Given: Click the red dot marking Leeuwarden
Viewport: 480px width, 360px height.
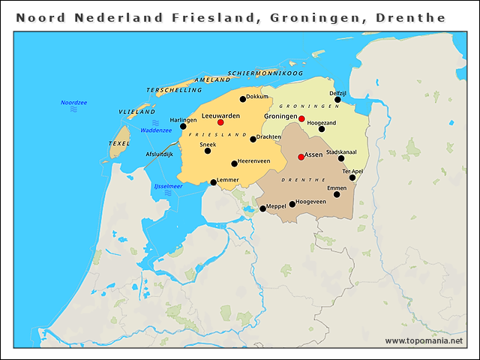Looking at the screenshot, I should point(220,122).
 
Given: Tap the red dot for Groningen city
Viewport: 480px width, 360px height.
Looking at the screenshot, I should point(301,118).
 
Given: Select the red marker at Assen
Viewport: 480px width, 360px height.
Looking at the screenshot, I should point(301,157).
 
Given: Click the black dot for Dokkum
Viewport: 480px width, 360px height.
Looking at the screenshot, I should point(243,98).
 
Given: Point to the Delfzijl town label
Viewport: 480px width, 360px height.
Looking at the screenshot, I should point(337,92).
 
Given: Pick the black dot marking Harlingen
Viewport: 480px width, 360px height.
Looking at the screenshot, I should point(183,126).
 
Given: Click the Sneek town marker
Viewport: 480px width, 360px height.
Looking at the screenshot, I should point(208,151).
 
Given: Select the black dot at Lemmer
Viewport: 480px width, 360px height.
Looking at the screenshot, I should point(213,182).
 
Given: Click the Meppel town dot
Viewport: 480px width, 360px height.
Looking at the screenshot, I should point(262,209).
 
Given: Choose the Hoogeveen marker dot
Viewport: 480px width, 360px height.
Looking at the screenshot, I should point(292,204).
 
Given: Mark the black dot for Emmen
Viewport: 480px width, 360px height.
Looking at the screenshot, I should point(337,194).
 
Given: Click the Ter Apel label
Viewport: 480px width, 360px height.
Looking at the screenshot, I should point(352,171).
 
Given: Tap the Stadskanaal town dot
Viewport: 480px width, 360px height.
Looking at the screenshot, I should point(341,158).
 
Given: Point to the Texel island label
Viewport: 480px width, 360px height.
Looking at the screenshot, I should point(119,142).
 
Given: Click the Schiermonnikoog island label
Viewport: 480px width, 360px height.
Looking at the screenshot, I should point(265,73).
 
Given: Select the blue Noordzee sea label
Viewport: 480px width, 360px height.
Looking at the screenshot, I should point(73,102).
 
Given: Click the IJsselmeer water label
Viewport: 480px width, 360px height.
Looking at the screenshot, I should point(167,185).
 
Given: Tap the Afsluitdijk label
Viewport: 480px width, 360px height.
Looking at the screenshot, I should point(159,154).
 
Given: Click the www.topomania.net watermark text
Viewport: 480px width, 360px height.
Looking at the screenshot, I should point(424,340).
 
